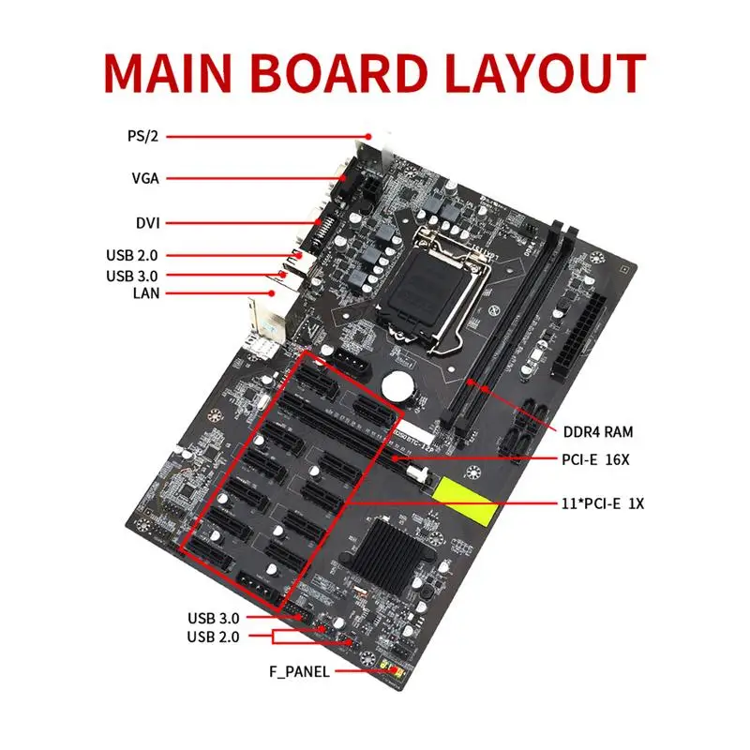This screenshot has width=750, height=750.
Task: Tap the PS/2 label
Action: (x=144, y=136)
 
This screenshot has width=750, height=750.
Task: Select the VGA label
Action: (x=145, y=178)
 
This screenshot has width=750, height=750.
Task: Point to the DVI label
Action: (x=147, y=223)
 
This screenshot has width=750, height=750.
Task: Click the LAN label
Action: (x=146, y=292)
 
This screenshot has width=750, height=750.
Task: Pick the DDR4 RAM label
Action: (x=598, y=432)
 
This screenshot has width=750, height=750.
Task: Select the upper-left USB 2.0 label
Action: (x=133, y=255)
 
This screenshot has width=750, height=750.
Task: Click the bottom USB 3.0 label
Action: (x=214, y=618)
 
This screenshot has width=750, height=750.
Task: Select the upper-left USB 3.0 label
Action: (x=133, y=276)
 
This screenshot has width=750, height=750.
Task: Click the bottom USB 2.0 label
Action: (x=214, y=637)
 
